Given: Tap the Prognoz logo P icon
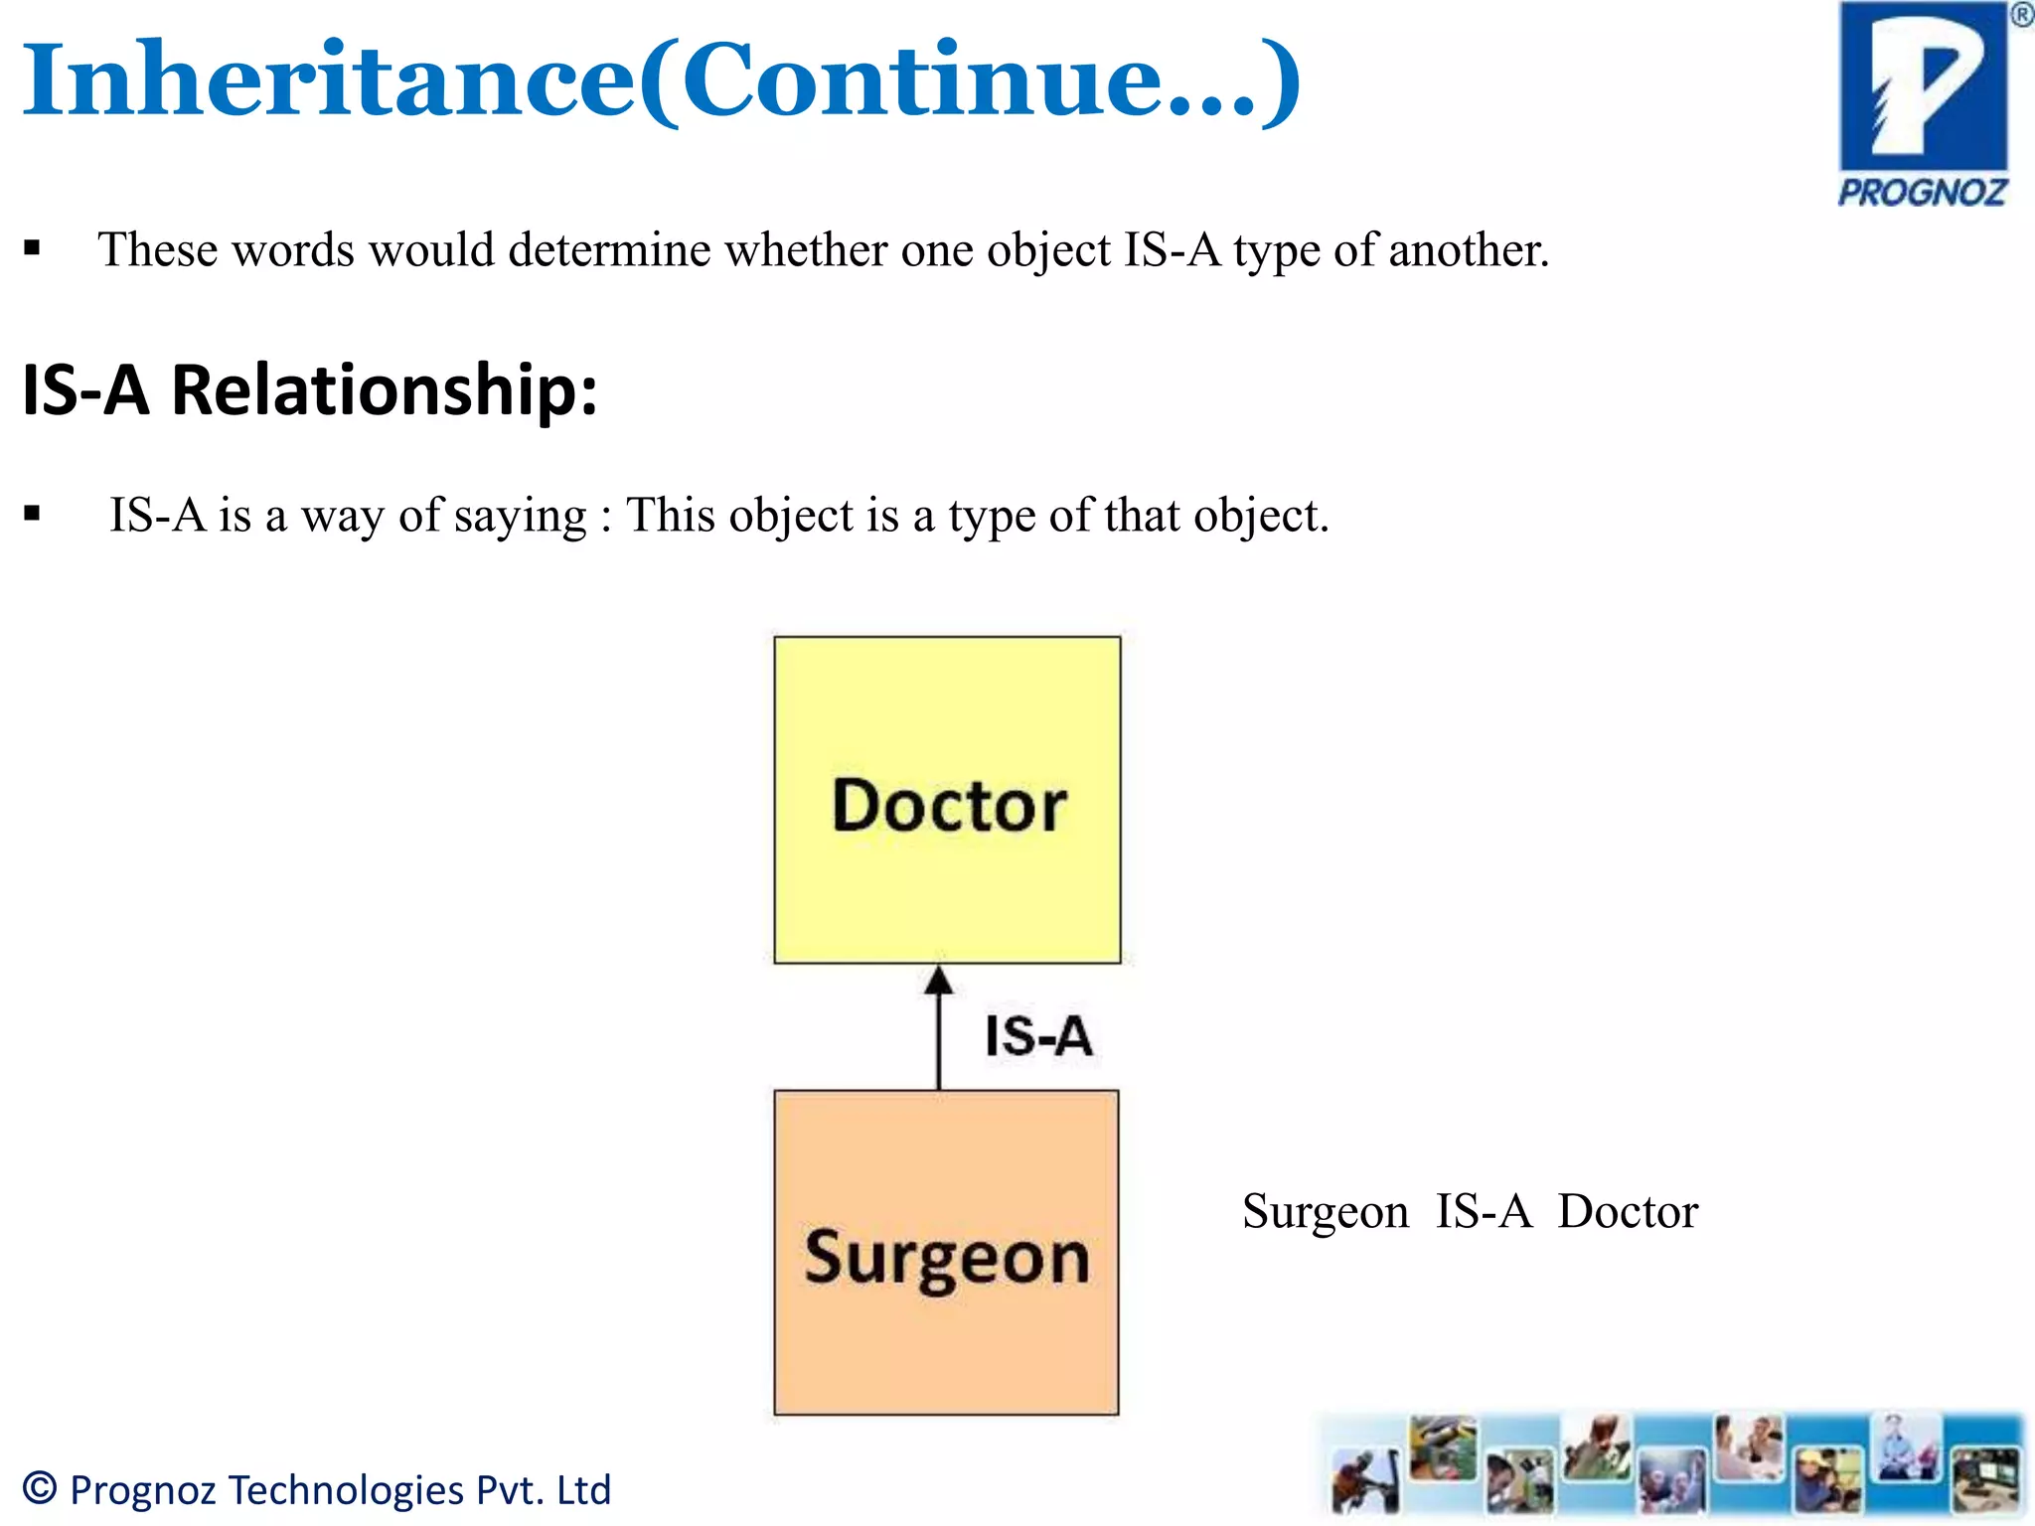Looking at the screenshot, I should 1924,89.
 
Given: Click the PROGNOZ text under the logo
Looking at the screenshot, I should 1923,193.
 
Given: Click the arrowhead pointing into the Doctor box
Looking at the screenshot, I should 939,982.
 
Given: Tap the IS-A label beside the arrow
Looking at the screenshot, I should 1038,1036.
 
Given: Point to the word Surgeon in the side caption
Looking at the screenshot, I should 1326,1212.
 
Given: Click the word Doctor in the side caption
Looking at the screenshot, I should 1628,1212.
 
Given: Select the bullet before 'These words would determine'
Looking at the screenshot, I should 33,248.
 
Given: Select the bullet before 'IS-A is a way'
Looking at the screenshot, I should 33,514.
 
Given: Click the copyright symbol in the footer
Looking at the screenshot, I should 40,1488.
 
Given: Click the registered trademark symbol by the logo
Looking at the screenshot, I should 2021,16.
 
